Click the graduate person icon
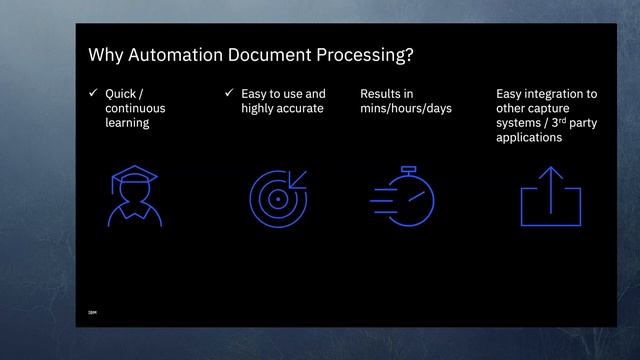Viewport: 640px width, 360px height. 134,196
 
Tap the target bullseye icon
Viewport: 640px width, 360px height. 278,198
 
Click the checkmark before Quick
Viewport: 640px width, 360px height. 93,94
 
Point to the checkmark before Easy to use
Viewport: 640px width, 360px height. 229,94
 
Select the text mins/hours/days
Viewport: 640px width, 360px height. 406,108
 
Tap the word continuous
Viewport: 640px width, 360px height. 135,108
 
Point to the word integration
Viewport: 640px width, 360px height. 557,94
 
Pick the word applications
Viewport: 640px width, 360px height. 529,138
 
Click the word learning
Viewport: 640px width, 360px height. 127,123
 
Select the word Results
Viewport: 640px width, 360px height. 379,94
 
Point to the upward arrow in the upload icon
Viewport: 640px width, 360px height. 550,186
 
